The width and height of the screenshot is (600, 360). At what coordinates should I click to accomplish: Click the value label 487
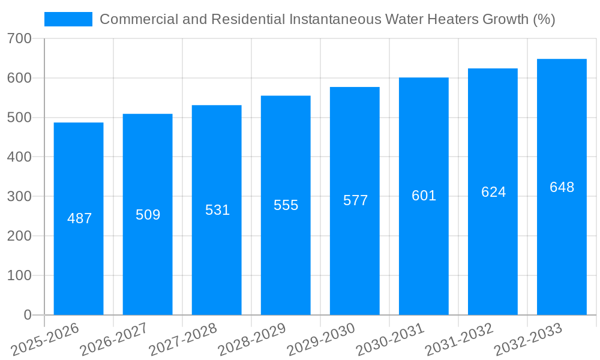(79, 218)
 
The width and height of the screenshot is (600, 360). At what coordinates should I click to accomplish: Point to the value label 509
(148, 215)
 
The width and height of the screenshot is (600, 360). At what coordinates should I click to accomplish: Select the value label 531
(217, 210)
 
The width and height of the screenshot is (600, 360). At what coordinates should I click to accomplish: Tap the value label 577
(355, 200)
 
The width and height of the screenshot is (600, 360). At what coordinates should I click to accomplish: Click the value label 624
(493, 192)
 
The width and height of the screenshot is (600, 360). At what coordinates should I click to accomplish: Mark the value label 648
(562, 187)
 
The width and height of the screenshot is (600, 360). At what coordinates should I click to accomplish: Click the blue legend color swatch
(68, 19)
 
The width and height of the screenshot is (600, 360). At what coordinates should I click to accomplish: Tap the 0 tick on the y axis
(27, 315)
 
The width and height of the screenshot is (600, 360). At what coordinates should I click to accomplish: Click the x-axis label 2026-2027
(114, 340)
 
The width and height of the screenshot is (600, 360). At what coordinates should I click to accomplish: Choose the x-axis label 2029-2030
(321, 340)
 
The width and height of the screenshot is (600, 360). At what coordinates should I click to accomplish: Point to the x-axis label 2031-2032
(459, 340)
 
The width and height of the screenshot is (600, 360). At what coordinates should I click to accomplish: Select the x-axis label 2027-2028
(183, 340)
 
